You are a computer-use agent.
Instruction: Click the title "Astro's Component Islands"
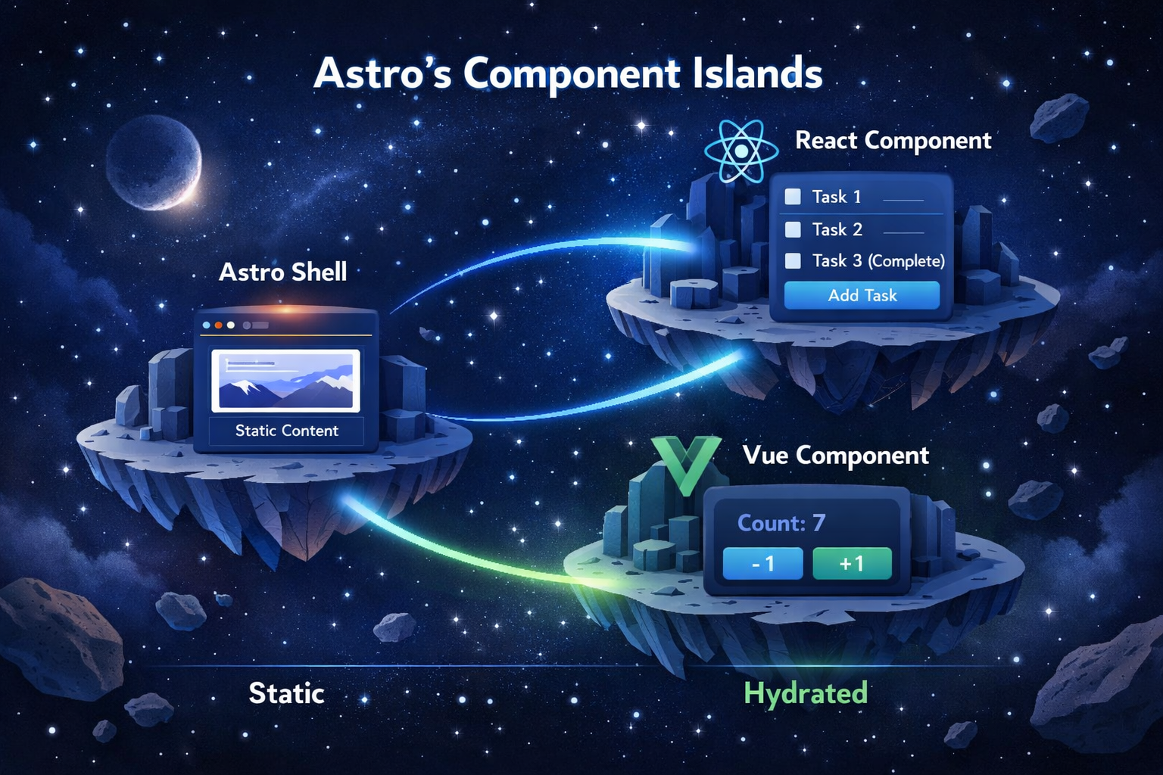click(568, 74)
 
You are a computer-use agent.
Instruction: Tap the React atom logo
click(741, 151)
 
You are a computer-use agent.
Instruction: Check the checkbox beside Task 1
click(793, 197)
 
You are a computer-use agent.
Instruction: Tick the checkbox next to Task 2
click(793, 229)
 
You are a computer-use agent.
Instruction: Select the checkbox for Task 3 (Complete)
click(793, 261)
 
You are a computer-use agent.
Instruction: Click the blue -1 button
click(762, 564)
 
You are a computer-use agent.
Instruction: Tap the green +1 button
click(852, 564)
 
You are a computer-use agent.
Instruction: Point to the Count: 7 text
click(781, 523)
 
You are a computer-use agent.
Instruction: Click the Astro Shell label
click(283, 272)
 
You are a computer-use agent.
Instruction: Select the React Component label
click(893, 141)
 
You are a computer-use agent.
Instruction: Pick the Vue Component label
click(835, 456)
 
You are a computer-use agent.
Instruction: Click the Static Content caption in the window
click(286, 431)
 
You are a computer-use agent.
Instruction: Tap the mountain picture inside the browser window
click(285, 381)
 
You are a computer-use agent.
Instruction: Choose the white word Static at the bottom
click(286, 693)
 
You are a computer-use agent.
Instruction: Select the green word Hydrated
click(805, 693)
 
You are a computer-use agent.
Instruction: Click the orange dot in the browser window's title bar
click(219, 325)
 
